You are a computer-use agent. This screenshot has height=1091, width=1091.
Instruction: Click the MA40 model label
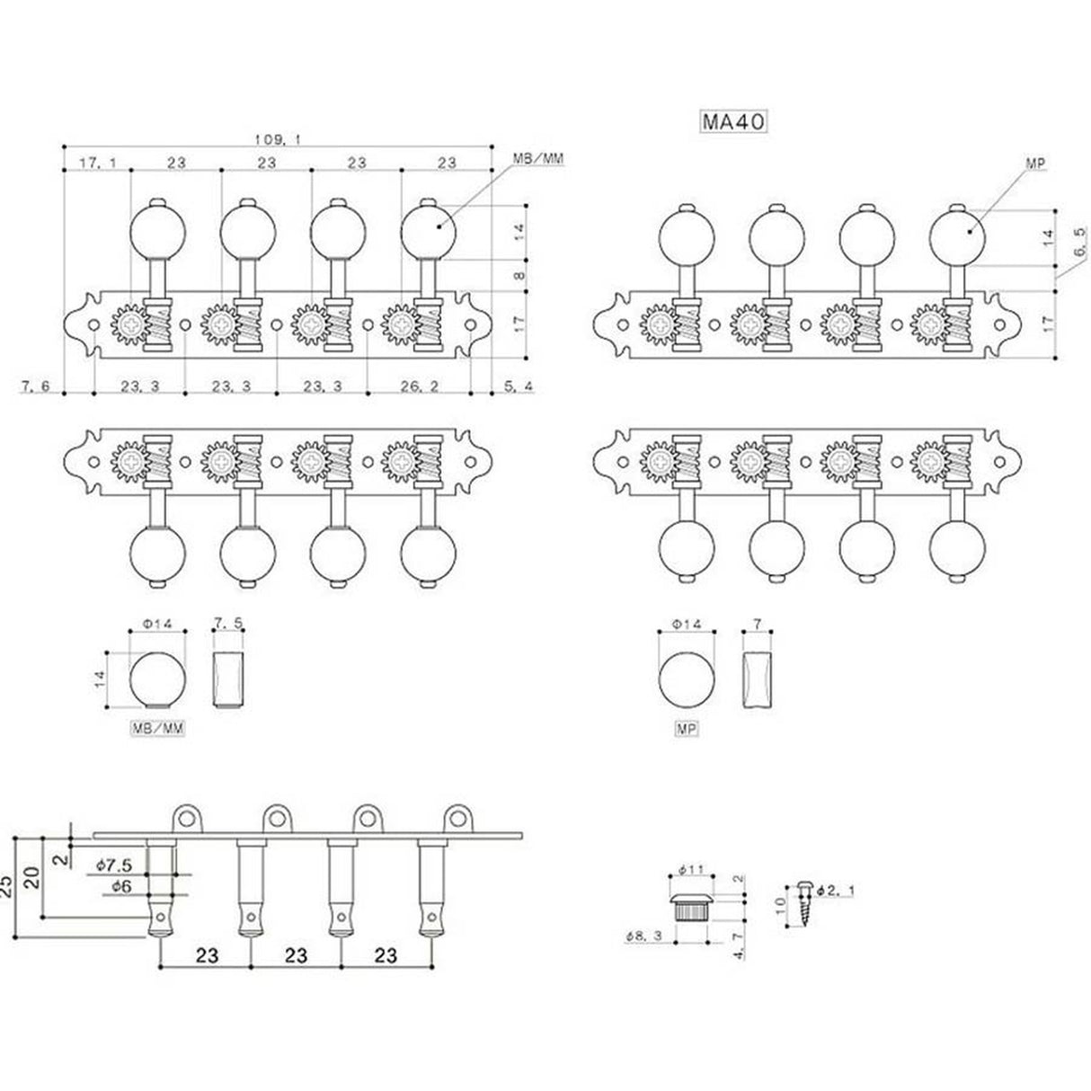[733, 120]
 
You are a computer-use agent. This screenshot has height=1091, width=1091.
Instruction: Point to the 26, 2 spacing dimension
[419, 386]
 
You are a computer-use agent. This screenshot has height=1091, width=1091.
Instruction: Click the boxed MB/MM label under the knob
[158, 731]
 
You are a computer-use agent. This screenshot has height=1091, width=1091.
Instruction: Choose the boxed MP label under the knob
[687, 731]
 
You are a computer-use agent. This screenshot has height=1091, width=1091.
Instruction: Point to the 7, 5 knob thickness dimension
[228, 623]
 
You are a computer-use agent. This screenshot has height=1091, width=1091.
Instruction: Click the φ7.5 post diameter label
[115, 865]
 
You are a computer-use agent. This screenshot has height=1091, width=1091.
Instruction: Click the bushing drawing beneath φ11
[691, 908]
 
